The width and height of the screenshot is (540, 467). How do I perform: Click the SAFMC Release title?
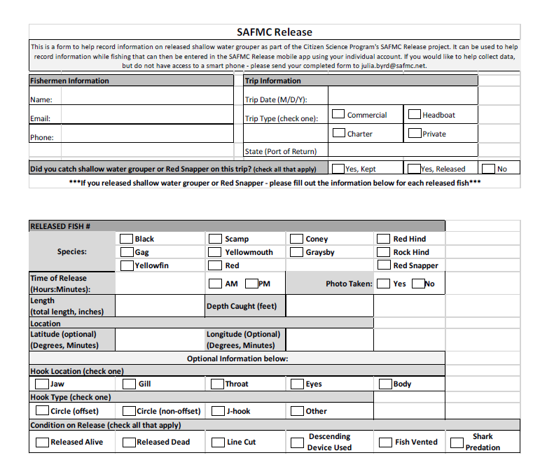click(x=275, y=32)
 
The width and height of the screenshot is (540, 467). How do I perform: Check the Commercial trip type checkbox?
click(x=338, y=114)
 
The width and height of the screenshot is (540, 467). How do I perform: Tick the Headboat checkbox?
click(x=415, y=114)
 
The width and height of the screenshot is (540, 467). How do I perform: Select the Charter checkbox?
click(x=338, y=133)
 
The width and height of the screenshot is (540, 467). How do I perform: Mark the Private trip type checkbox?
click(x=415, y=133)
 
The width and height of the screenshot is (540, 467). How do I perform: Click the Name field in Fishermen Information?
click(x=147, y=99)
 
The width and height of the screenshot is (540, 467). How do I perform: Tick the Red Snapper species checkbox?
click(x=384, y=265)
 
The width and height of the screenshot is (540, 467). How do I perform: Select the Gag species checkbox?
click(x=127, y=252)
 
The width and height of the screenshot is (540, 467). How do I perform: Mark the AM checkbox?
click(x=216, y=284)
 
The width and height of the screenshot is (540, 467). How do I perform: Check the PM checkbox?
click(x=251, y=284)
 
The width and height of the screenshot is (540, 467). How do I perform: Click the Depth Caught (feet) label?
click(x=242, y=306)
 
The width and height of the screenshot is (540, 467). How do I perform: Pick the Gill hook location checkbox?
click(x=130, y=384)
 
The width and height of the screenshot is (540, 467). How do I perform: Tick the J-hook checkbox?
click(x=218, y=411)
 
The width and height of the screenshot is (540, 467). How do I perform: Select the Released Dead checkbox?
click(x=129, y=442)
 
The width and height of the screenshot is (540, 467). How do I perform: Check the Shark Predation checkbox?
click(x=457, y=442)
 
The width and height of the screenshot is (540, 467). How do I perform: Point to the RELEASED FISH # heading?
click(x=61, y=226)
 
